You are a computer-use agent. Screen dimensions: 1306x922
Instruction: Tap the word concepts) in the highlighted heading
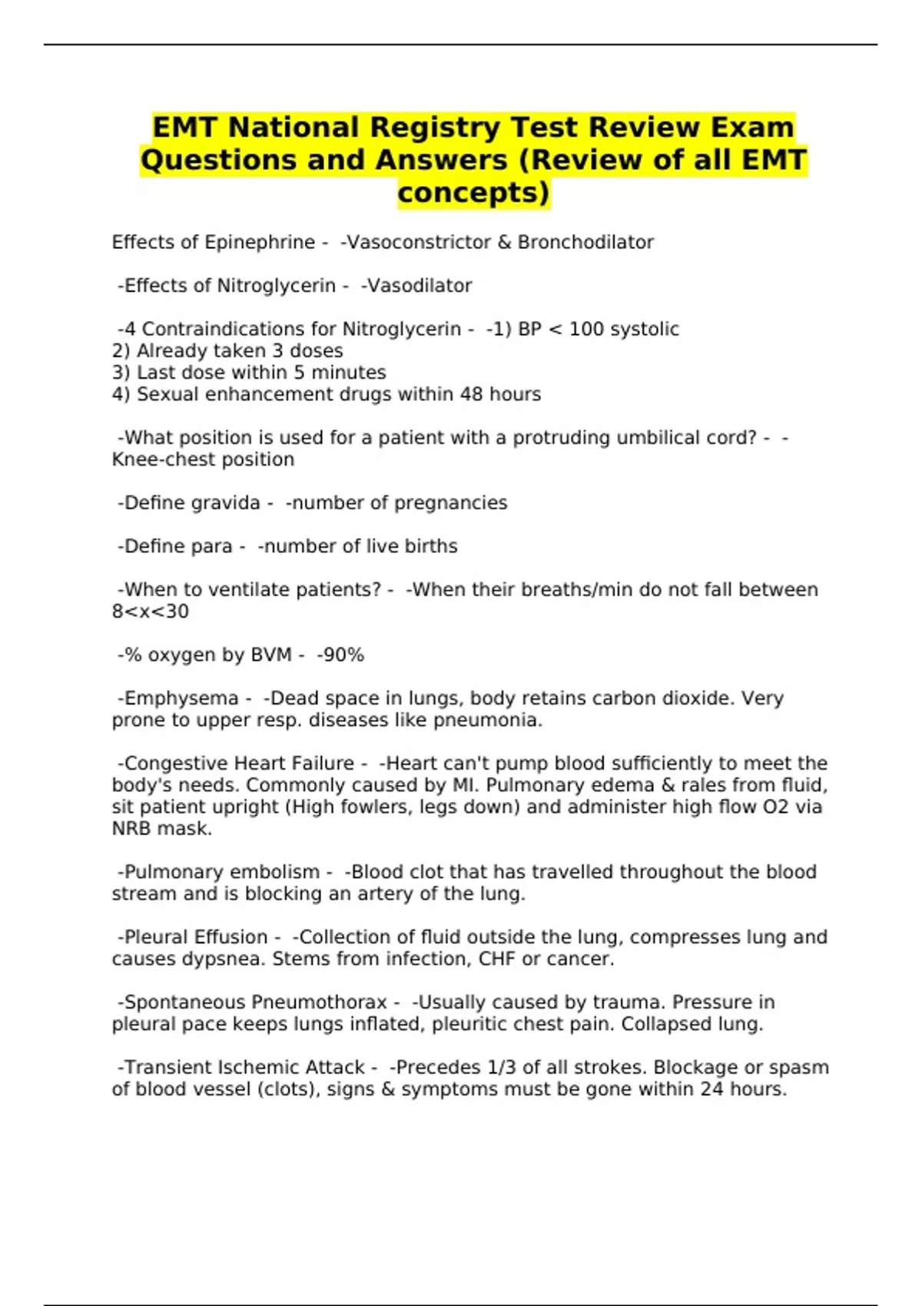(473, 192)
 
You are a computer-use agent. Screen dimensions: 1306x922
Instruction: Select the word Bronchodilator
(585, 242)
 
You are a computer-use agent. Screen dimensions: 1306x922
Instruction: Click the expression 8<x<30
(150, 612)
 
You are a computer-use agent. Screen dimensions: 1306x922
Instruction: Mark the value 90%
(343, 655)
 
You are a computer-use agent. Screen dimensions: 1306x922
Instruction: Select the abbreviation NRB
(131, 829)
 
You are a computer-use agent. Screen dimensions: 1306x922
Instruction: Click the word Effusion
(230, 937)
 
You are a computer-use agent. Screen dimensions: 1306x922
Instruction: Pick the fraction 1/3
(502, 1068)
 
